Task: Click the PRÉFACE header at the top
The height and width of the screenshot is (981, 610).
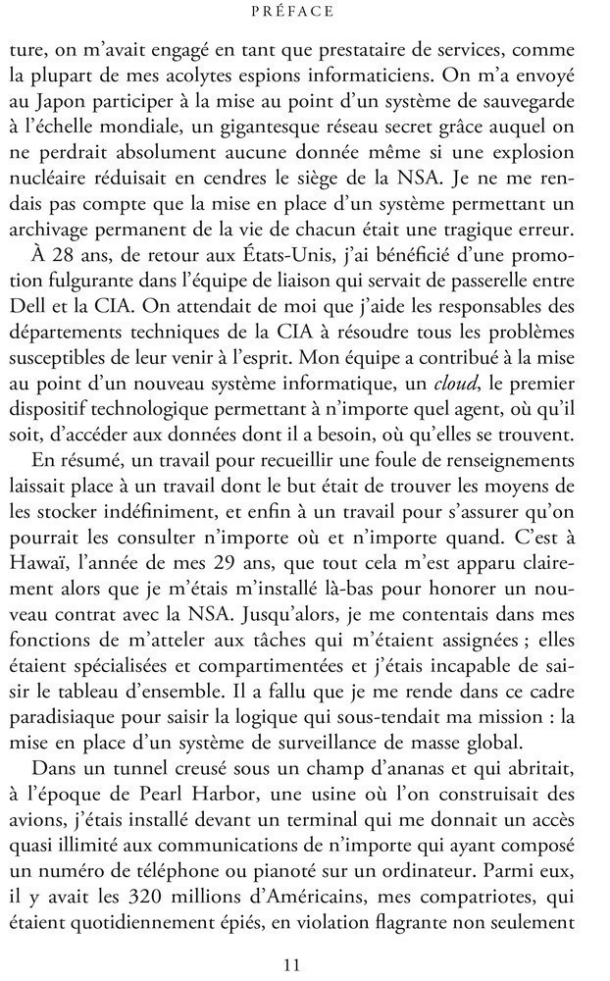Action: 304,13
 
